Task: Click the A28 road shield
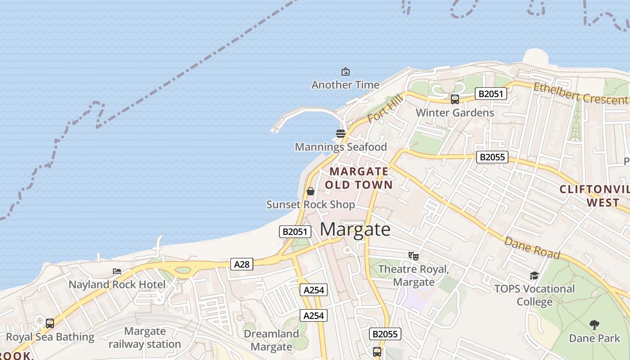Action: pyautogui.click(x=242, y=264)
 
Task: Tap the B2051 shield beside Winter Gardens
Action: pyautogui.click(x=491, y=94)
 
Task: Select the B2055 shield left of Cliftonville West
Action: pyautogui.click(x=492, y=157)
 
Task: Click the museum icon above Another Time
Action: pyautogui.click(x=346, y=72)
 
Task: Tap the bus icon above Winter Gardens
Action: pyautogui.click(x=455, y=99)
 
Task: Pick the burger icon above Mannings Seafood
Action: pyautogui.click(x=341, y=134)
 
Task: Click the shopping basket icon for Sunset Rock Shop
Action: pyautogui.click(x=310, y=191)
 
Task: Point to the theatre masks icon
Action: pyautogui.click(x=414, y=256)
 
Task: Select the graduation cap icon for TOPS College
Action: pyautogui.click(x=534, y=275)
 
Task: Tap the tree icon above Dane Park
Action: pyautogui.click(x=594, y=324)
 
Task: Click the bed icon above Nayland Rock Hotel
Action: pyautogui.click(x=117, y=271)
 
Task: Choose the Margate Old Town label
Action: pyautogui.click(x=359, y=178)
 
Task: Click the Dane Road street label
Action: pyautogui.click(x=532, y=248)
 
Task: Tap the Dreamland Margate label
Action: pyautogui.click(x=271, y=340)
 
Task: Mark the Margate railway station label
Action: pyautogui.click(x=145, y=338)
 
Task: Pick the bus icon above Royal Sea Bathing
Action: pyautogui.click(x=50, y=323)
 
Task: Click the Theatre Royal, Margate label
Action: pyautogui.click(x=414, y=275)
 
